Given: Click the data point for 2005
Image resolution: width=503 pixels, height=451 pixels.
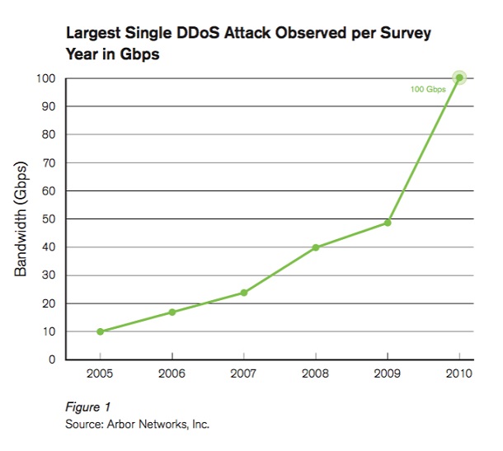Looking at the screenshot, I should point(100,331).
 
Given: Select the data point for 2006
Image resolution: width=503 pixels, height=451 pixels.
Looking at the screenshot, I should point(172,312).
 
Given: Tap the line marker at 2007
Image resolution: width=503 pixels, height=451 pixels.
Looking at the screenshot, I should point(244,293).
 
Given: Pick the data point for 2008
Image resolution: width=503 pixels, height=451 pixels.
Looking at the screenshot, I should point(316,247).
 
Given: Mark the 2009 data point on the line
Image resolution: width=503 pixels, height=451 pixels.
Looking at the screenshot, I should point(388,223).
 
